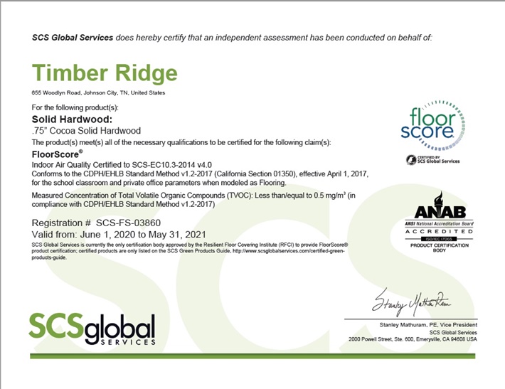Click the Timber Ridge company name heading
pos(105,73)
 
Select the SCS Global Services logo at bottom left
pos(92,328)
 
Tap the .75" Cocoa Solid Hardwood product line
pos(87,130)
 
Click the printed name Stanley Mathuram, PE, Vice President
pos(425,324)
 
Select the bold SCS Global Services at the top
pos(73,37)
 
